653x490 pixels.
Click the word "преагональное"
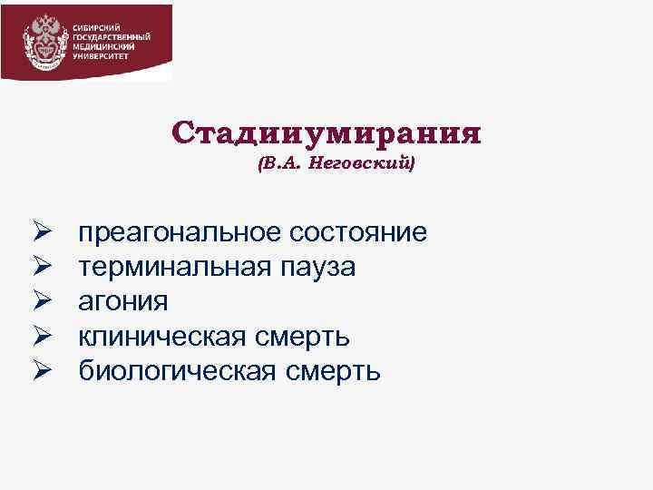point(180,233)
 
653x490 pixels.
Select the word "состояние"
point(357,232)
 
